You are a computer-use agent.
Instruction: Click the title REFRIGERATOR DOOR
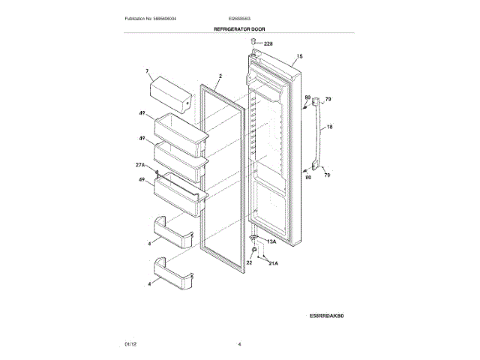239,28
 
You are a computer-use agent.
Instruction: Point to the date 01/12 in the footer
130,343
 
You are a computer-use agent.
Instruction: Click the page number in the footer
239,343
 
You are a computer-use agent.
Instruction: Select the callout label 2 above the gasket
220,76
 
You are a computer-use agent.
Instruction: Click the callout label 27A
140,164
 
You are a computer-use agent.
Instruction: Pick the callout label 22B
268,44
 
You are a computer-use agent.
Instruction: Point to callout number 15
299,57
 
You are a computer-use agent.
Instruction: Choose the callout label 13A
271,241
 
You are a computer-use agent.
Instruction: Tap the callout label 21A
272,263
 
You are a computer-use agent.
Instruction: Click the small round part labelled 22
255,250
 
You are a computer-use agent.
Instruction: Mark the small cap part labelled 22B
255,44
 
